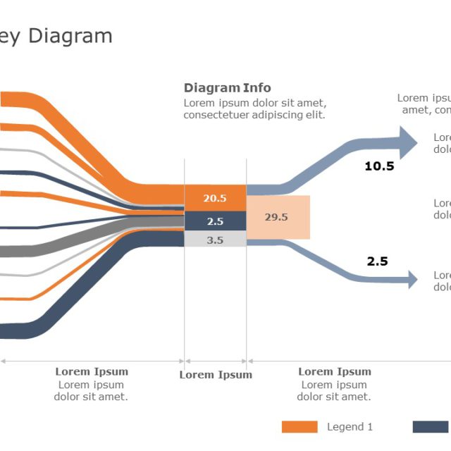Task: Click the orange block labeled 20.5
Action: [x=215, y=198]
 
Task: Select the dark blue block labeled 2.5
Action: [x=215, y=221]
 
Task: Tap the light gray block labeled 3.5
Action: [x=215, y=240]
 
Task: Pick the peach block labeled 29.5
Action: [x=278, y=217]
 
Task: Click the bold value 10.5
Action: [x=379, y=167]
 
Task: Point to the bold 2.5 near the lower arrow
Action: [x=377, y=261]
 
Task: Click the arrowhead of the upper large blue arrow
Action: [x=408, y=143]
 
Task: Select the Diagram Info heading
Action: [x=227, y=88]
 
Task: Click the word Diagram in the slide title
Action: [x=70, y=36]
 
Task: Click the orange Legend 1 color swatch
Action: [x=299, y=426]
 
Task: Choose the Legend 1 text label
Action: [x=350, y=426]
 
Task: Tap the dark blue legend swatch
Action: [x=431, y=426]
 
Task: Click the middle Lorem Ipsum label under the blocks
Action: [x=215, y=375]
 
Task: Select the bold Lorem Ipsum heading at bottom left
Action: [x=92, y=371]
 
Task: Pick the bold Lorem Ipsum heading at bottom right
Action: [x=334, y=371]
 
